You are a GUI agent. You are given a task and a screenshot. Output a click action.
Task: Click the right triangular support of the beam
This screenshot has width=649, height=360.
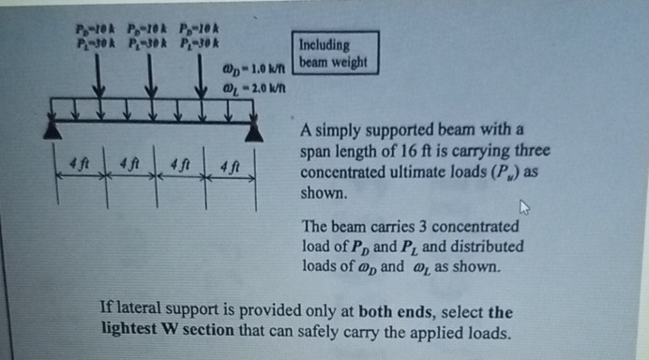coord(259,131)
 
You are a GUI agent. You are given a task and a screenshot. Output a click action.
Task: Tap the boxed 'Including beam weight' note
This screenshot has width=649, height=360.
coord(337,54)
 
